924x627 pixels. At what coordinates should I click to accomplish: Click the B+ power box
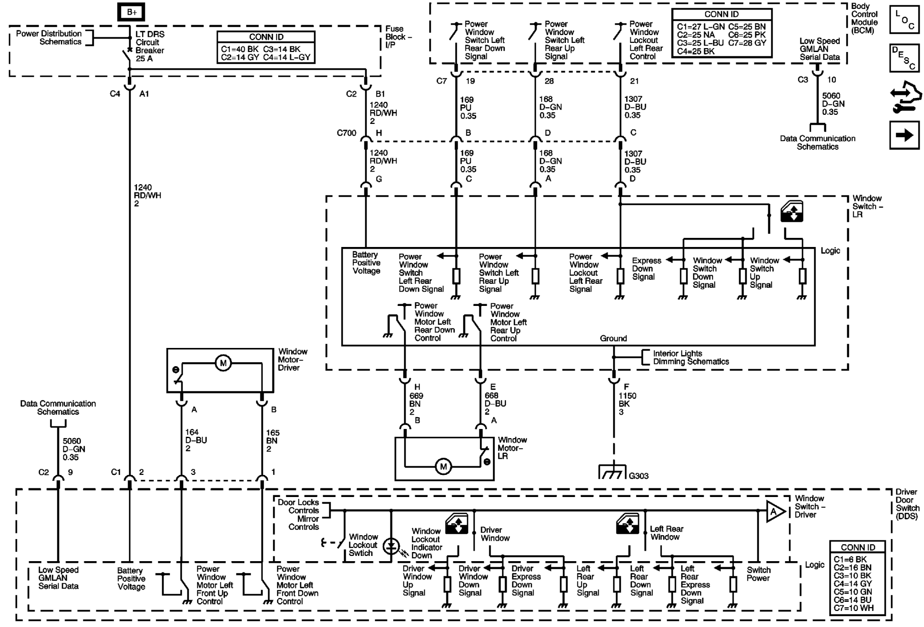click(x=131, y=13)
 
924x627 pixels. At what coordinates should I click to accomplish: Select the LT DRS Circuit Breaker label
click(x=150, y=46)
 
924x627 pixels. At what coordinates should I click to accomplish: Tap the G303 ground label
click(x=638, y=476)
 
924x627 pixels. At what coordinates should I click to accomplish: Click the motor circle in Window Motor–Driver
click(x=223, y=363)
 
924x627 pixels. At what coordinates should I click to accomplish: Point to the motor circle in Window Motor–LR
click(x=443, y=467)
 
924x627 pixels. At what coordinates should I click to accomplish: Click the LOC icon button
click(x=904, y=20)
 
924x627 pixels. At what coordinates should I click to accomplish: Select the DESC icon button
click(x=904, y=58)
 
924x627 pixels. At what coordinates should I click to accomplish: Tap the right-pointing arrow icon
click(x=904, y=135)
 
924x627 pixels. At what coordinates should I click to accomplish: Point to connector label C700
click(x=346, y=133)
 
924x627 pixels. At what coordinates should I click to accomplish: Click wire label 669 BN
click(x=416, y=403)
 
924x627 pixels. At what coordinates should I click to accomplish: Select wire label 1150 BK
click(x=627, y=403)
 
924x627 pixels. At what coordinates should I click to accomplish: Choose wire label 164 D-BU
click(x=196, y=440)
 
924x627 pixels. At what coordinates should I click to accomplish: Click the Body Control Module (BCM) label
click(x=864, y=18)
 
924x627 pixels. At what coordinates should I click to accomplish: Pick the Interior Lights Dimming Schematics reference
click(x=690, y=357)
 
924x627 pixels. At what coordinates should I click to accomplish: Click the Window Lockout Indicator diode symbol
click(x=391, y=547)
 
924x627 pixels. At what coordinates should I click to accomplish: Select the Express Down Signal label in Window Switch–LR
click(x=646, y=269)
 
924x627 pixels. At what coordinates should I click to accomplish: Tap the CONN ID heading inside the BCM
click(x=721, y=14)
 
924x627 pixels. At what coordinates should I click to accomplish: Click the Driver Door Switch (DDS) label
click(x=907, y=504)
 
